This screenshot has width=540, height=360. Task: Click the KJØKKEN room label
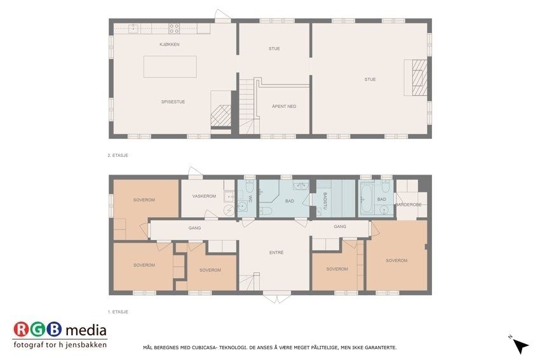170,44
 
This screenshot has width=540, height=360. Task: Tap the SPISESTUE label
173,102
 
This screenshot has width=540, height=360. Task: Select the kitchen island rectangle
170,67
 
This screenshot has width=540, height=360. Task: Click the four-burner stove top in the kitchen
174,28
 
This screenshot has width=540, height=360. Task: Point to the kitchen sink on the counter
133,29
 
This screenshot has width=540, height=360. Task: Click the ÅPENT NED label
284,106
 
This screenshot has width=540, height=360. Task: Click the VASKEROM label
204,196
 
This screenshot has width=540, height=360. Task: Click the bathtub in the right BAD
366,197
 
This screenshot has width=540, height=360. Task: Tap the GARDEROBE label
408,204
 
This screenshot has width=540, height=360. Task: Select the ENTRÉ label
276,253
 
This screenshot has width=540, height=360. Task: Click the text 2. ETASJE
118,156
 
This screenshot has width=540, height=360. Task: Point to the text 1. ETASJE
118,312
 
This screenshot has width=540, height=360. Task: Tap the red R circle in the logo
22,330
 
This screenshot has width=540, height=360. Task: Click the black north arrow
521,345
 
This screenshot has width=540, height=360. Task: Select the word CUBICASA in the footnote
205,347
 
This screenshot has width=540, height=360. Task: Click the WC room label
250,199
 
